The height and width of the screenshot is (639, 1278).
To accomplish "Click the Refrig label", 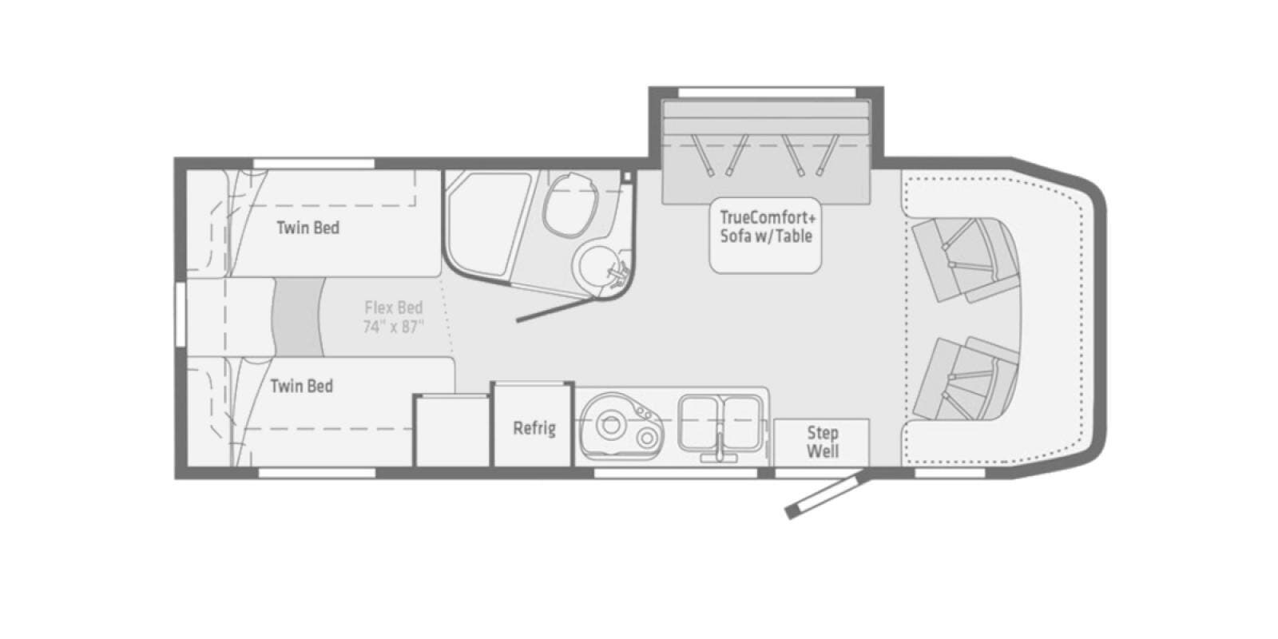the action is [x=534, y=428].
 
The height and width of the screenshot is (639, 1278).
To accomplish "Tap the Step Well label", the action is [x=822, y=443].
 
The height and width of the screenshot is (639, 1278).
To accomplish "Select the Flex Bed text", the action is [x=394, y=308].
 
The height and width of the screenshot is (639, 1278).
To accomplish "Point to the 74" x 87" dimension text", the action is [x=394, y=327].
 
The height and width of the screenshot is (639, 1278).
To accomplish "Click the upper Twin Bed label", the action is [x=308, y=228].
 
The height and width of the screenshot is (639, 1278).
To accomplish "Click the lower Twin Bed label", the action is [x=302, y=387].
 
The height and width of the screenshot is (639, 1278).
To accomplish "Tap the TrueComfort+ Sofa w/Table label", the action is [x=766, y=227].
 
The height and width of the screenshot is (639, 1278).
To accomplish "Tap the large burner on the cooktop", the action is [x=610, y=424].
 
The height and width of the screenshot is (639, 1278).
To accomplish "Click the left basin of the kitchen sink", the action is [x=700, y=423].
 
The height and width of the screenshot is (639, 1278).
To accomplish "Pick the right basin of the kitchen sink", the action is [x=742, y=423].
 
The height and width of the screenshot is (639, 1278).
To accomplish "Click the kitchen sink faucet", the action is [x=720, y=448].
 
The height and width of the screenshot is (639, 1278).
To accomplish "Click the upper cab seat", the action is [x=964, y=260].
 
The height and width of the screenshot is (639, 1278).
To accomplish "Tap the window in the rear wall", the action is [x=181, y=313].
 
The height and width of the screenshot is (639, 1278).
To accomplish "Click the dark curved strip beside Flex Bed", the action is [x=298, y=317].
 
